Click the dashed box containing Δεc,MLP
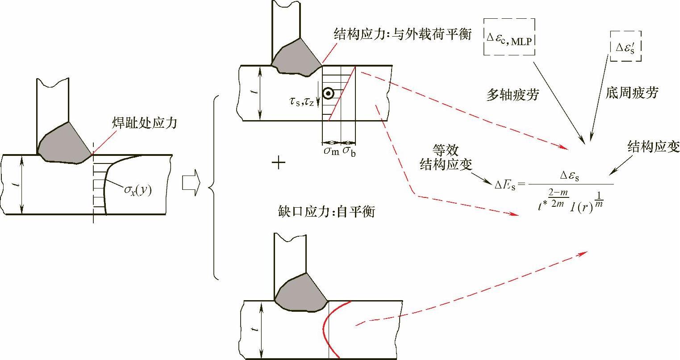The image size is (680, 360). click(509, 37)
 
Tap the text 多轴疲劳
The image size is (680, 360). click(512, 95)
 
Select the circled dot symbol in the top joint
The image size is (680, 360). click(328, 93)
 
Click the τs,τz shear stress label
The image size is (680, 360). click(302, 102)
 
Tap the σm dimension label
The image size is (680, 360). click(331, 151)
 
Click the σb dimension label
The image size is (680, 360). click(349, 151)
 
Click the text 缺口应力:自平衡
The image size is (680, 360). click(325, 211)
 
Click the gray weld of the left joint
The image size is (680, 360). click(63, 142)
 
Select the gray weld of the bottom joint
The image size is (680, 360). click(299, 292)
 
